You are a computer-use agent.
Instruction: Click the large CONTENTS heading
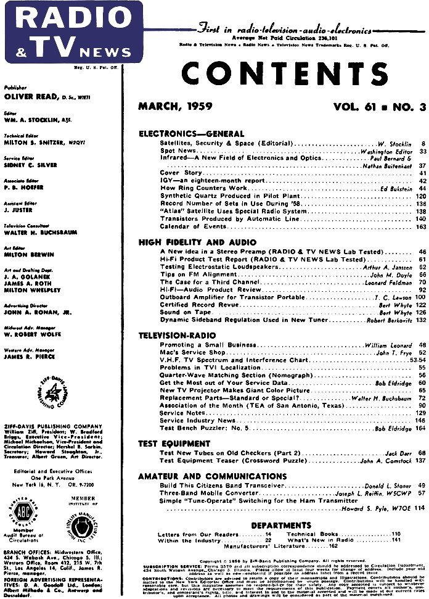click(282, 73)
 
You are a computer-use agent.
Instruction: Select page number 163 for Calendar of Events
click(421, 226)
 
